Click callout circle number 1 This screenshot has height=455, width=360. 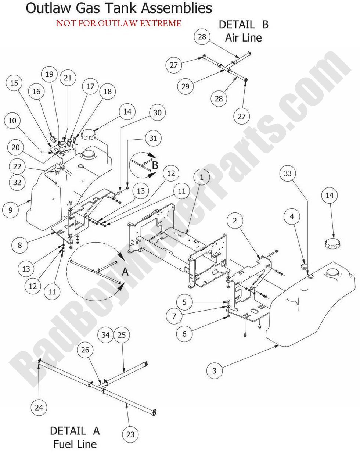201,176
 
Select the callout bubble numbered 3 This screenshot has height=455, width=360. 215,370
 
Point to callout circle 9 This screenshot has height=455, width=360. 10,210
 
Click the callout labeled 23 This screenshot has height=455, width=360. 130,434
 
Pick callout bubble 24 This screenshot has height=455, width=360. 39,407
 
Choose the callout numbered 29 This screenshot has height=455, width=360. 186,86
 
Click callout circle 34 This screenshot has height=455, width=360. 106,335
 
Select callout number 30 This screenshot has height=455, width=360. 157,112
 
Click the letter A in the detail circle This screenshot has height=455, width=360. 125,272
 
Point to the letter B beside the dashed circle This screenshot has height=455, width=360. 155,165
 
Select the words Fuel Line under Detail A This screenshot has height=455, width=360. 75,444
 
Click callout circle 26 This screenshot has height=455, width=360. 85,350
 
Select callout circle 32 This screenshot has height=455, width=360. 17,182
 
